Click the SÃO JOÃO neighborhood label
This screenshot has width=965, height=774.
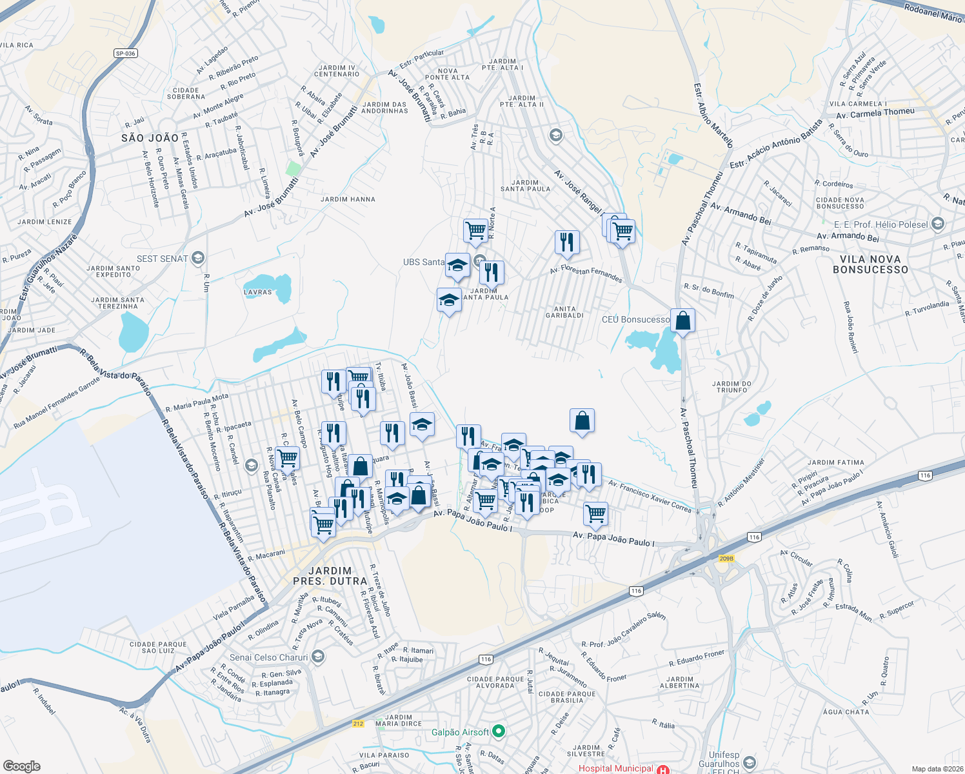(150, 138)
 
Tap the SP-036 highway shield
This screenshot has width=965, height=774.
(126, 54)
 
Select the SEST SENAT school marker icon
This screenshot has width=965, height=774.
(198, 259)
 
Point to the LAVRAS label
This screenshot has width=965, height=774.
(258, 292)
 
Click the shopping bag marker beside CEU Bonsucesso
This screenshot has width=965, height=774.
(682, 320)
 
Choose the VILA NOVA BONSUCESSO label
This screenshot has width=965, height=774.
(870, 264)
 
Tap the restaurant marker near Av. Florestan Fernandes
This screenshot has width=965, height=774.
(567, 243)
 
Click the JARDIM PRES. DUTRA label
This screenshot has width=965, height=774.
(330, 576)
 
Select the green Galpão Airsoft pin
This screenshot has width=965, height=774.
(498, 732)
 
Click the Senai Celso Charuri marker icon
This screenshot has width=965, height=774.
(317, 657)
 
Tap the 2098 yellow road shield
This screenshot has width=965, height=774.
(726, 559)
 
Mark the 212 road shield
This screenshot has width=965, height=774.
(358, 724)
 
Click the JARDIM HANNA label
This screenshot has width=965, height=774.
(348, 199)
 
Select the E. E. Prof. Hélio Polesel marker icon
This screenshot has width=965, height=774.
(938, 224)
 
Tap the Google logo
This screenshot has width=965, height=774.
(22, 766)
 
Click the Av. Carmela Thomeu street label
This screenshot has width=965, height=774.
(875, 114)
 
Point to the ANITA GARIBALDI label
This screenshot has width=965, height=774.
(564, 312)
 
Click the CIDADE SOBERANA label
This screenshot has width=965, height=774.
(186, 94)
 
